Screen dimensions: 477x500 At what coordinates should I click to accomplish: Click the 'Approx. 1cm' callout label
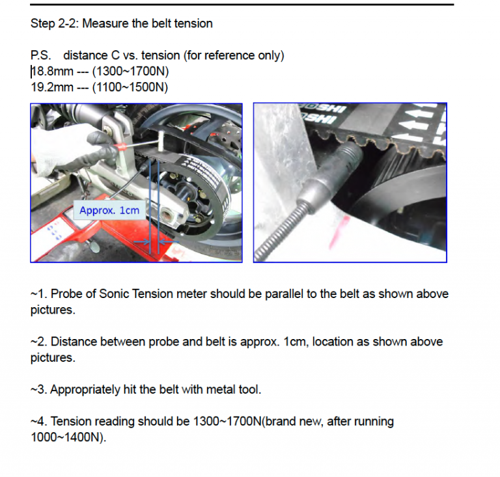coord(109,210)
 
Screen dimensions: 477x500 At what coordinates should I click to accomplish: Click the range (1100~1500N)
coord(131,87)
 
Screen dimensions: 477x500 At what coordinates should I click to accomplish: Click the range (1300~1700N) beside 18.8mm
coord(131,72)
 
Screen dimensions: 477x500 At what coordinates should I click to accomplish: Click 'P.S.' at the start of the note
coord(42,56)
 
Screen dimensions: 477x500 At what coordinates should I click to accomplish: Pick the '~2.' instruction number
coord(38,342)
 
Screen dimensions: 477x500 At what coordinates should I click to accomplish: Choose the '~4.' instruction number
coord(38,422)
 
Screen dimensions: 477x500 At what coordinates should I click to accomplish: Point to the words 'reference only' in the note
coord(242,56)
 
